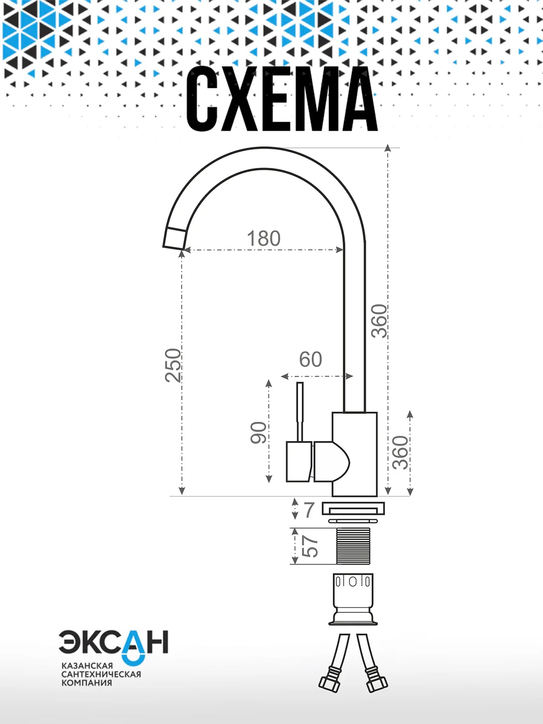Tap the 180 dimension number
click(x=264, y=238)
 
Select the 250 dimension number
click(x=173, y=365)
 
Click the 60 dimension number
click(x=311, y=359)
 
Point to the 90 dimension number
click(x=259, y=433)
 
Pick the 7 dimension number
click(x=309, y=509)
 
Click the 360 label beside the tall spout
click(x=379, y=321)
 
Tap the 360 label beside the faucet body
click(x=401, y=452)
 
